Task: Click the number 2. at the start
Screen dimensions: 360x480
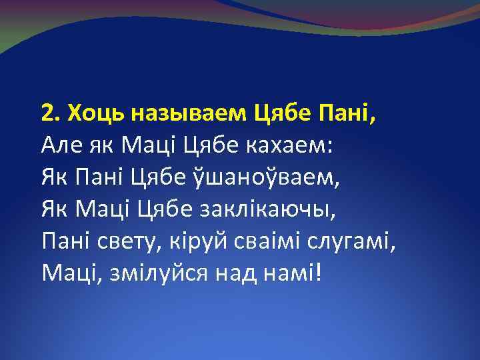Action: point(49,114)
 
